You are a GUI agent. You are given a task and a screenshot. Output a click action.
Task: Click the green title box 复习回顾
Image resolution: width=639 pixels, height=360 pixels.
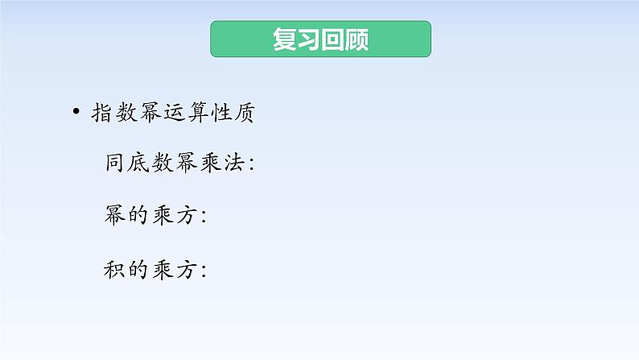tap(320, 39)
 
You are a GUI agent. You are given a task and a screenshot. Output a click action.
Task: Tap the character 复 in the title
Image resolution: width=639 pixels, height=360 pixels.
tap(285, 39)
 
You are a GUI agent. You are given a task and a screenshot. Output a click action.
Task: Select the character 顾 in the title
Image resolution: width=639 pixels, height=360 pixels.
tap(356, 39)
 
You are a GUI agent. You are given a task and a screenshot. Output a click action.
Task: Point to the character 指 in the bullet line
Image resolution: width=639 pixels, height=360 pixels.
tap(103, 114)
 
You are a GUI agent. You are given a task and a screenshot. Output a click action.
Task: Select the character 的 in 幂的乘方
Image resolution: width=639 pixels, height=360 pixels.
tap(139, 215)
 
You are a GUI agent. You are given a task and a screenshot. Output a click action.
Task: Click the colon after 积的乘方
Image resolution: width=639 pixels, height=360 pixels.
tap(204, 271)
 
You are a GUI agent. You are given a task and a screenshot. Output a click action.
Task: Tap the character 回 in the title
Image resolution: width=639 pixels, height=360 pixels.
tap(332, 39)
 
